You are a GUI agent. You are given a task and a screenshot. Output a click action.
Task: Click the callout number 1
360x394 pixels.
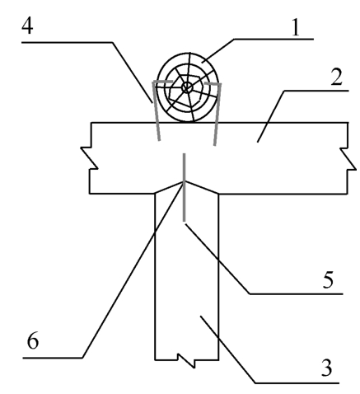(295, 27)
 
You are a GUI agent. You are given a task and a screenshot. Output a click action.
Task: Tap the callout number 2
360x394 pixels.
(336, 77)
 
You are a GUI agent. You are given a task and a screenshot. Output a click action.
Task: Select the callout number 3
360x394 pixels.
(326, 368)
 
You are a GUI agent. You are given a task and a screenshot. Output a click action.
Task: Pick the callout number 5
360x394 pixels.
(328, 279)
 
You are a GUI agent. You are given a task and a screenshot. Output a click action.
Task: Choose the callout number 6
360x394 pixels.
(33, 341)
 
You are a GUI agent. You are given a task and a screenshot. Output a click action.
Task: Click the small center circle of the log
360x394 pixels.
(187, 87)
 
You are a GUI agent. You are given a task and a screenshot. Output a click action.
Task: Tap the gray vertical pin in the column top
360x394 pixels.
(185, 187)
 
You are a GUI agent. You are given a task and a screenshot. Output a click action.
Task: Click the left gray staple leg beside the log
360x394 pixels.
(156, 111)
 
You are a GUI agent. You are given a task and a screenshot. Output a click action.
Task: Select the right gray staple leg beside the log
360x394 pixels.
(217, 115)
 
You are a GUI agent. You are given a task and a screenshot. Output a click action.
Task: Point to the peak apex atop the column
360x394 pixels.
(184, 181)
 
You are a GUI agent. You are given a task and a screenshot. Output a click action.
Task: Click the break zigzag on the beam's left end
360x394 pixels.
(89, 158)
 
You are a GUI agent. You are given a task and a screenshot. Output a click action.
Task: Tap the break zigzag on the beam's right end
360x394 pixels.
(348, 159)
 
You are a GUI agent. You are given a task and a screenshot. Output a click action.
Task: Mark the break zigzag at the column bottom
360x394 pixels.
(186, 360)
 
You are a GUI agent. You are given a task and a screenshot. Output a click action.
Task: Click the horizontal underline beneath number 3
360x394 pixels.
(297, 382)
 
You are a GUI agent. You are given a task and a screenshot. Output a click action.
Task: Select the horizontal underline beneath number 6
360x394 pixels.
(53, 358)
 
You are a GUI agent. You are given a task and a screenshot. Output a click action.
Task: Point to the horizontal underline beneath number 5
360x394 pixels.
(296, 294)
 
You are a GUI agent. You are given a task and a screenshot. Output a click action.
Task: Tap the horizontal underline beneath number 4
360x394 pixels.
(67, 42)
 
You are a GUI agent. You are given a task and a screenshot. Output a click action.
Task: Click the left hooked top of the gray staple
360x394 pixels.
(162, 82)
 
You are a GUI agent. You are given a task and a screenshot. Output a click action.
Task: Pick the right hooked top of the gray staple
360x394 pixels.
(213, 83)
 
